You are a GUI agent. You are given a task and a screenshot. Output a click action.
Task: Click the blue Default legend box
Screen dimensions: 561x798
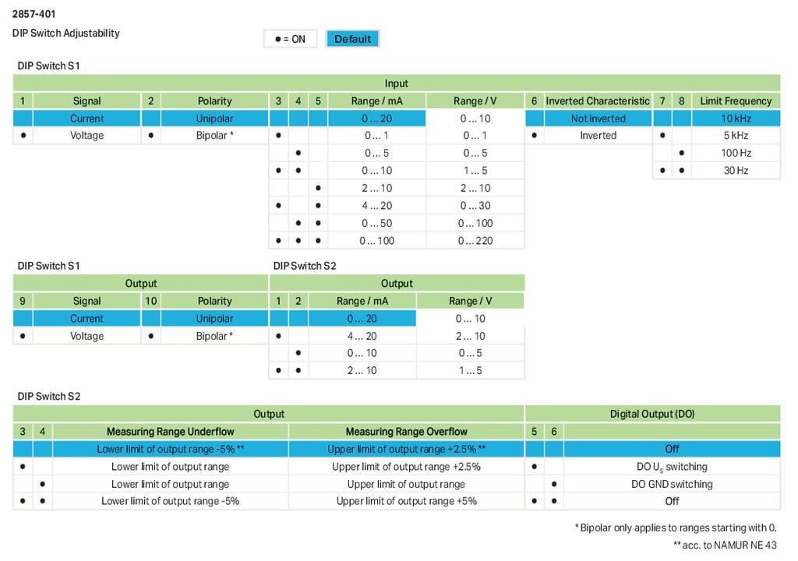coord(352,39)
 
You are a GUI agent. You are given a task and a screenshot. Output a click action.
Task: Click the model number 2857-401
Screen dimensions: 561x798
coord(34,14)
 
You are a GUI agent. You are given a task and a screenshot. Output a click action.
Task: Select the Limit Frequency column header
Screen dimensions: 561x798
coord(735,101)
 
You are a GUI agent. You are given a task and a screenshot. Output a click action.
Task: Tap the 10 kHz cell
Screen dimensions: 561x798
coord(735,118)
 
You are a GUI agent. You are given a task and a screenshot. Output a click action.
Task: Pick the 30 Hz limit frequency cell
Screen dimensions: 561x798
coord(735,170)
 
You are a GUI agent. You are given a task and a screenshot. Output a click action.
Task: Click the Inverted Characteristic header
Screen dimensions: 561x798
coord(597,101)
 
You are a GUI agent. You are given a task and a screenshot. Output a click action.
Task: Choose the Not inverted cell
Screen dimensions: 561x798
coord(598,118)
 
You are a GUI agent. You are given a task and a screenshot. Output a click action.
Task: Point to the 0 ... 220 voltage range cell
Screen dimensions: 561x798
coord(475,240)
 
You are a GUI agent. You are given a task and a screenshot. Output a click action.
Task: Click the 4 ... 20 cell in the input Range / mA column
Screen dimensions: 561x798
coord(377,206)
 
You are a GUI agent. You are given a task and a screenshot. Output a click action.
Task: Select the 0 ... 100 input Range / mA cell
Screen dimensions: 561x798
coord(377,240)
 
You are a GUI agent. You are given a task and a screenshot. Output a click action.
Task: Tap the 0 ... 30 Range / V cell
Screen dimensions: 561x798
coord(475,206)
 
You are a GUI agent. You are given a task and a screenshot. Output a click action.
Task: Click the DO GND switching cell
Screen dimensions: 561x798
coord(672,484)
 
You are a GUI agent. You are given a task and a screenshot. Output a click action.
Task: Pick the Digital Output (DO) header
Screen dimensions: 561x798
coord(652,414)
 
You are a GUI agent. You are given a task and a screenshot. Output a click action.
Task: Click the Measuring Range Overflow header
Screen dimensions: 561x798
coord(406,432)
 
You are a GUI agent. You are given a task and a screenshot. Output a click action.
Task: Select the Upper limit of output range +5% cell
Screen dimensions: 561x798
coord(406,501)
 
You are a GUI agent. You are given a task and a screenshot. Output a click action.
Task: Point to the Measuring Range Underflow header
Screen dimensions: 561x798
coord(170,432)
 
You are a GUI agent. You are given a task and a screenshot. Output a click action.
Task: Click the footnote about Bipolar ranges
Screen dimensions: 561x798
coord(676,527)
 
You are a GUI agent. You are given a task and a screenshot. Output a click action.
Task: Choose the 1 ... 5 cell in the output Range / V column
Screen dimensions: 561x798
coord(470,370)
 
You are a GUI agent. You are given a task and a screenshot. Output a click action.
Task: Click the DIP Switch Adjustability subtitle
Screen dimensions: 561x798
coord(65,34)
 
